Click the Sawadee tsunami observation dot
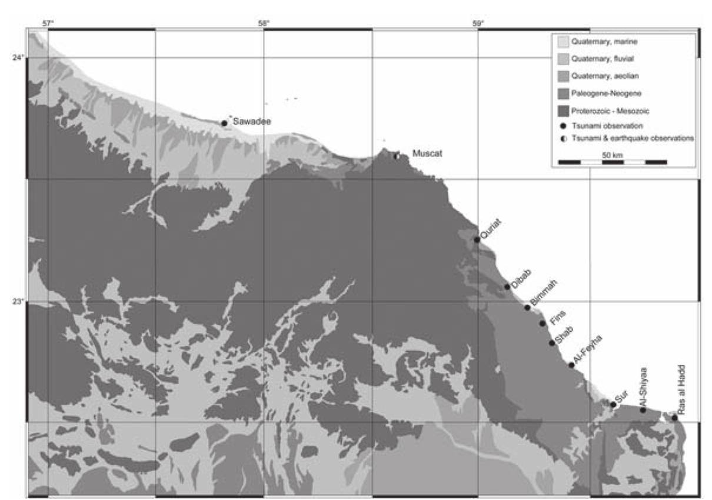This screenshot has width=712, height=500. point(224,123)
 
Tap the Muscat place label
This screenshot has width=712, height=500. point(427,154)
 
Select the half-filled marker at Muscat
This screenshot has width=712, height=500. point(397,156)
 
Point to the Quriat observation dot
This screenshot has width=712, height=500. point(477,239)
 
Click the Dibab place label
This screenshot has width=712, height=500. point(519,280)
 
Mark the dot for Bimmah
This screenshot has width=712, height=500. point(528,307)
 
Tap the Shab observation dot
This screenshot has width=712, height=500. point(551,343)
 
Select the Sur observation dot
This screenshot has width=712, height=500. point(613,404)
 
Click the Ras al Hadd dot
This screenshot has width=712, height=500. point(675,418)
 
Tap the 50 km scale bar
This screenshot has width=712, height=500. point(612,161)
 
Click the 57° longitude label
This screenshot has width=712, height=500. point(48,23)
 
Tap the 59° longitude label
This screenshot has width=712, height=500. point(478,23)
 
